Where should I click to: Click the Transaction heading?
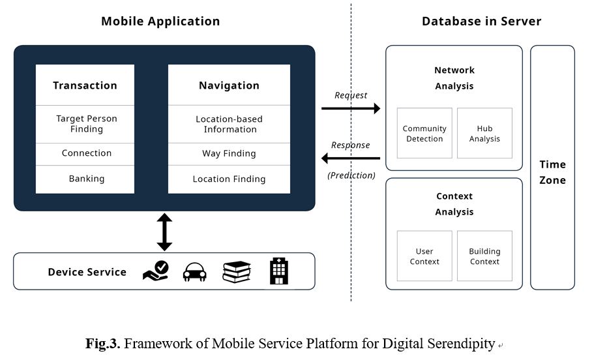(x=85, y=85)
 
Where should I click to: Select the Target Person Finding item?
(x=87, y=124)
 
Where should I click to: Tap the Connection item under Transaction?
(x=87, y=153)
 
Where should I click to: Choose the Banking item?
(x=87, y=179)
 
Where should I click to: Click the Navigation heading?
(x=229, y=85)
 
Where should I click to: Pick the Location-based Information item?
(x=229, y=124)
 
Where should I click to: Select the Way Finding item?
(x=229, y=154)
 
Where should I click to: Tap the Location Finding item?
(x=229, y=179)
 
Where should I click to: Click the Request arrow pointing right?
(x=351, y=108)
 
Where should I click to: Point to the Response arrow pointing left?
(x=351, y=158)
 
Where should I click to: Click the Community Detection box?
(x=424, y=134)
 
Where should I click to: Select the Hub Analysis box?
(x=484, y=134)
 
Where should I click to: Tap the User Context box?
(x=424, y=256)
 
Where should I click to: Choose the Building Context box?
(x=484, y=256)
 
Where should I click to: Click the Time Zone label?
(x=552, y=172)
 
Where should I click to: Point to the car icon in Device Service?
(x=194, y=272)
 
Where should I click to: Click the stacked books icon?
(x=237, y=271)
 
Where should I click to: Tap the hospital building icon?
(x=279, y=271)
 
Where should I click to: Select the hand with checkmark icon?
(x=155, y=271)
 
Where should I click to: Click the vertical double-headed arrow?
(x=164, y=232)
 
